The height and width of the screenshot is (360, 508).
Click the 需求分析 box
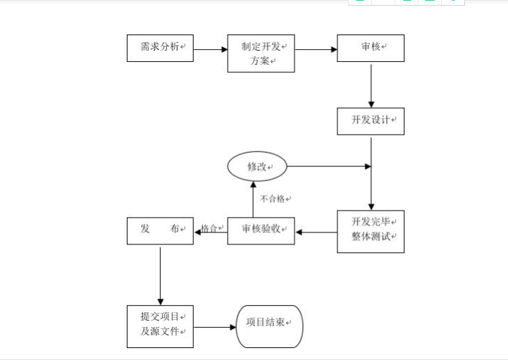[x=160, y=48]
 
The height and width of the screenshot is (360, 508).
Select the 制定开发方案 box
[x=261, y=54]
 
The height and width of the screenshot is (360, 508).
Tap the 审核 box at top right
[x=371, y=48]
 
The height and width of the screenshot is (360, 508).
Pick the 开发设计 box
[x=371, y=120]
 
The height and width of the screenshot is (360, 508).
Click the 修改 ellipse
[x=257, y=167]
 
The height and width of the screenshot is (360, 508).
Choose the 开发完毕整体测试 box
[x=371, y=231]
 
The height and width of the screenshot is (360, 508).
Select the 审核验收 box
[x=261, y=230]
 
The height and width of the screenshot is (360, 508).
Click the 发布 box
[x=160, y=230]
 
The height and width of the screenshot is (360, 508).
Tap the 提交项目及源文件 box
[x=160, y=325]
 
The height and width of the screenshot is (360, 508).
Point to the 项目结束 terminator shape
[x=268, y=326]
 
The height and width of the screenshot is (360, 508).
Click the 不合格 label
[x=275, y=199]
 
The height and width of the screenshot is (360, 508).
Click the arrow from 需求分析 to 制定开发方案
[x=210, y=50]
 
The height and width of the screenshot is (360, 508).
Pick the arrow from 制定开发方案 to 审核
[x=315, y=50]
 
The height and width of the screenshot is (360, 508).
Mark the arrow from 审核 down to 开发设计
[x=371, y=85]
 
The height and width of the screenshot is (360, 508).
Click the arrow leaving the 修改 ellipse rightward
[x=328, y=167]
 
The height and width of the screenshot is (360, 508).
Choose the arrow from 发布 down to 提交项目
[x=160, y=275]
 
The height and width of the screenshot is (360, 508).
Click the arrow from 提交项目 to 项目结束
[x=214, y=327]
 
